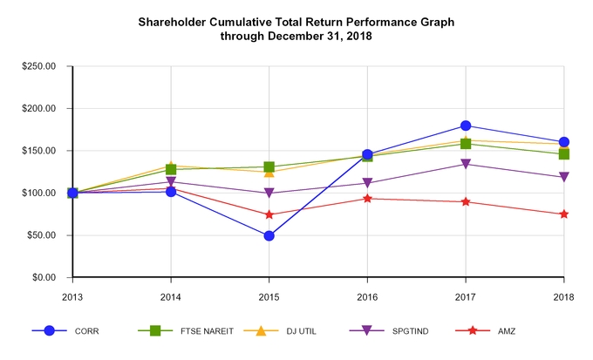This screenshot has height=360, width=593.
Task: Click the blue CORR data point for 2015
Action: coord(269,235)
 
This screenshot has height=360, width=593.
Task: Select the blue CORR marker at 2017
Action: coord(466,126)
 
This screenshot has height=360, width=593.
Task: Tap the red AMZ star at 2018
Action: coord(564,214)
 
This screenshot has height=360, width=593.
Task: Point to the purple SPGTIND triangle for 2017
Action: coord(466,164)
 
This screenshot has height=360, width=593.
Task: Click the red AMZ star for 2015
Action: coord(269,214)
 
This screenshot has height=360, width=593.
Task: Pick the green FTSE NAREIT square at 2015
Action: coord(269,166)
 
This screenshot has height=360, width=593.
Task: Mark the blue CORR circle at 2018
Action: coord(564,142)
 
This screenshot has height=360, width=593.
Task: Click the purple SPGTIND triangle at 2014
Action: coord(171,182)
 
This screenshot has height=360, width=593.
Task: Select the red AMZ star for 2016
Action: coord(367,199)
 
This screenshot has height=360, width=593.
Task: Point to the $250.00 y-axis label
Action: coord(38,66)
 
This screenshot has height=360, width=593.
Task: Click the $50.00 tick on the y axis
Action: coord(41,235)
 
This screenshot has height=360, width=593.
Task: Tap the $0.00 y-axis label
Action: coord(44,277)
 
